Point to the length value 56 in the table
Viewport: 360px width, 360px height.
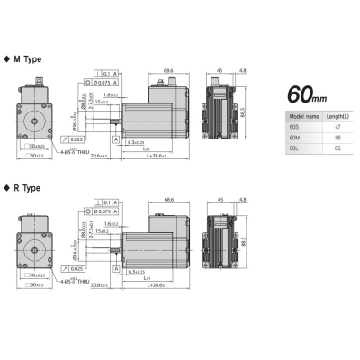point(337,140)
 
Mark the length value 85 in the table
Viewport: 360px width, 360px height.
point(337,151)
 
